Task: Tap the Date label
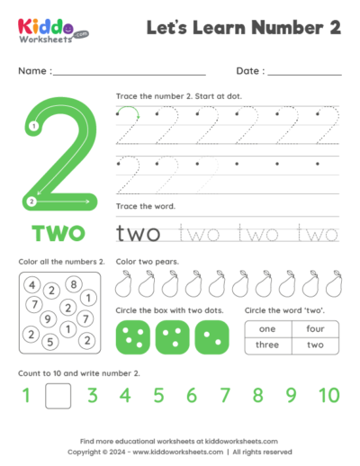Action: (x=249, y=70)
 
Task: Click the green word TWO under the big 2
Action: (x=59, y=234)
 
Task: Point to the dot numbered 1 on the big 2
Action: (x=33, y=127)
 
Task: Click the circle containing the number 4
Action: (x=31, y=285)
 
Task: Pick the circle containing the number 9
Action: (x=48, y=318)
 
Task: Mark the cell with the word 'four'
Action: (x=315, y=329)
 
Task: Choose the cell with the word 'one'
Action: (x=267, y=329)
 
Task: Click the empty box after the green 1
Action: (x=58, y=394)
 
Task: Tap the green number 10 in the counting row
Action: (x=328, y=394)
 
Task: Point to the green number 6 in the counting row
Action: (x=191, y=394)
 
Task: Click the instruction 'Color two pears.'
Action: (x=147, y=262)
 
